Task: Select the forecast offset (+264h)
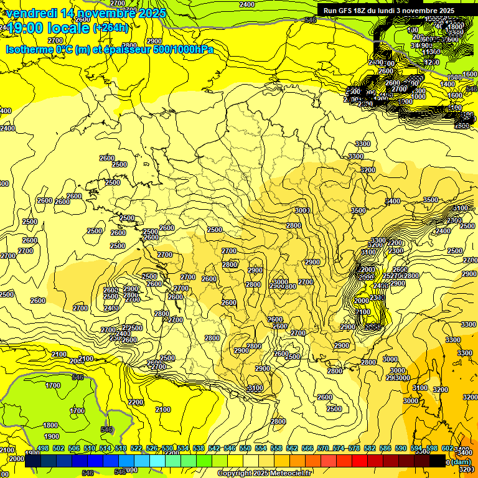pos(111,28)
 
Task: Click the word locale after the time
pos(72,28)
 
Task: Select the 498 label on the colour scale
pos(43,449)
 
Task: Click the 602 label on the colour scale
pos(448,449)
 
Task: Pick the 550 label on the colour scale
pos(245,449)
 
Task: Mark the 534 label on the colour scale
pos(183,449)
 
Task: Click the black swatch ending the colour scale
pos(438,461)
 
